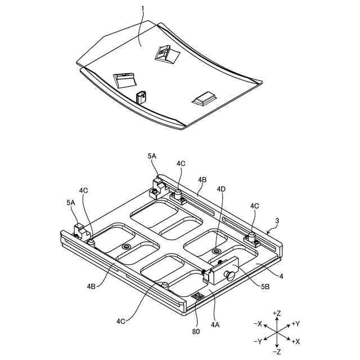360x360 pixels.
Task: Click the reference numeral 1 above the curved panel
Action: (142, 10)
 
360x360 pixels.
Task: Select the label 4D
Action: (221, 190)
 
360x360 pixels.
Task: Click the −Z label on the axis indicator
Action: (276, 352)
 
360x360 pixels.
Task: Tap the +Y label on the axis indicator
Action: (296, 324)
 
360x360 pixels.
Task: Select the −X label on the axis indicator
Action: (258, 324)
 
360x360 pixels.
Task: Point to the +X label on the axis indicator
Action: (296, 341)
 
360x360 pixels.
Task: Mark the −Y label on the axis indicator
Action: (257, 341)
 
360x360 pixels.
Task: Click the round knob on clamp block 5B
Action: (230, 275)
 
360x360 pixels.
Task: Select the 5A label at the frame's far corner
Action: (152, 155)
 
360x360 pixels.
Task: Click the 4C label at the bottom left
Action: (121, 321)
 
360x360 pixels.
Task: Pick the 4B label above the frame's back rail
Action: (202, 179)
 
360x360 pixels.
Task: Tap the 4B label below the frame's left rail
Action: (91, 286)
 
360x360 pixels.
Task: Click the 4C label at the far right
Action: (255, 206)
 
